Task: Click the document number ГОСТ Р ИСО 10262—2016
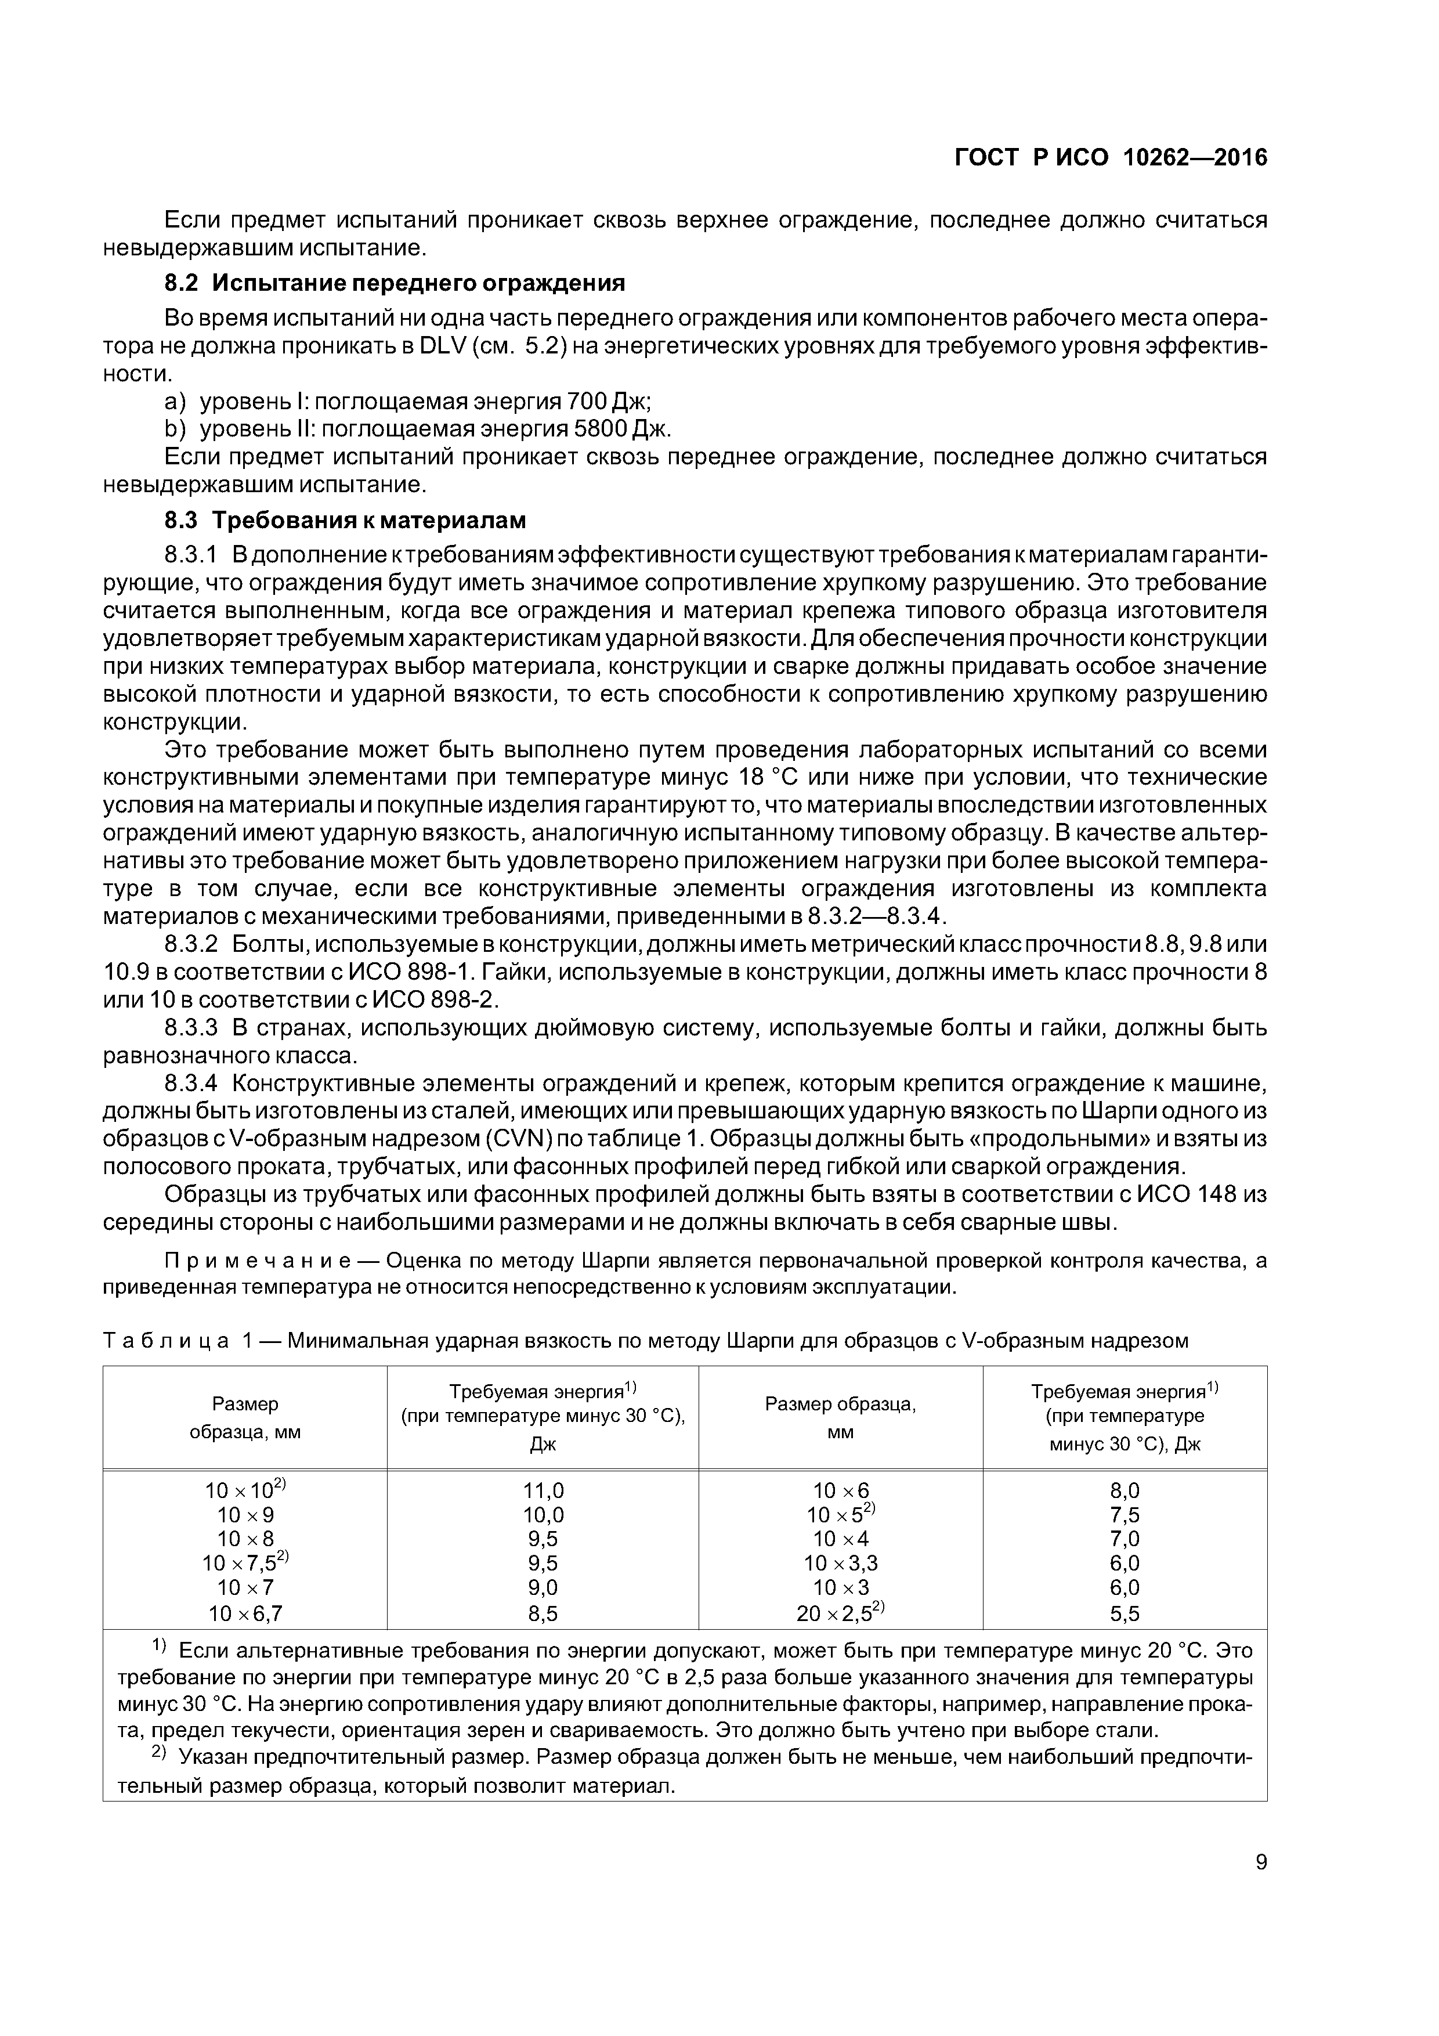[x=1111, y=158]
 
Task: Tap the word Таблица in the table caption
[x=166, y=1341]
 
